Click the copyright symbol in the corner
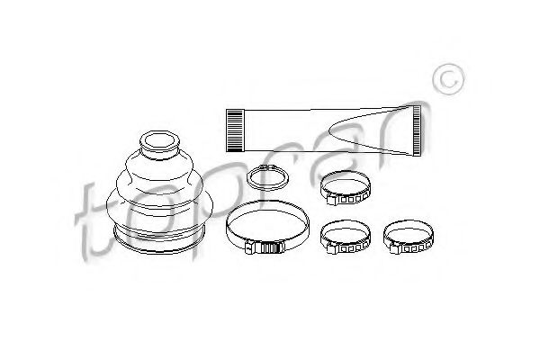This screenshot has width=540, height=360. tap(448, 79)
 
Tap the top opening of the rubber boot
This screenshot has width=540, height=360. tap(159, 141)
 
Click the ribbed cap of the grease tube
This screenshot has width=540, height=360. tap(235, 130)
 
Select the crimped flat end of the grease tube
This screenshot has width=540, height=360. tap(417, 130)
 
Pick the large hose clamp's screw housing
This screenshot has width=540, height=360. tap(265, 247)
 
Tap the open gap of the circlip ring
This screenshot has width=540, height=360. tap(268, 166)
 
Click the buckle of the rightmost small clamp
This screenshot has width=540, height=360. tap(395, 247)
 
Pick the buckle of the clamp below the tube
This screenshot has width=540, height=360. tap(332, 199)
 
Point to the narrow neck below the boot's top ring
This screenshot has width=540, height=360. tap(159, 155)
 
